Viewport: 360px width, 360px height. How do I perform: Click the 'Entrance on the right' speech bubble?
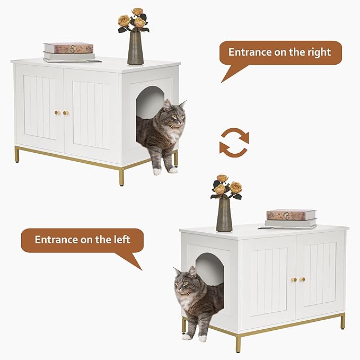coord(280,53)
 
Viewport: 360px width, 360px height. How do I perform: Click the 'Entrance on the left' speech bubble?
coord(82,240)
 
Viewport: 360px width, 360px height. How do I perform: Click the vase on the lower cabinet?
coord(224,214)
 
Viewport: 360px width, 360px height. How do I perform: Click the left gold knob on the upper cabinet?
coord(57,112)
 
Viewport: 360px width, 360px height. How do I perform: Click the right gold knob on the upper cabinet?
coord(66,112)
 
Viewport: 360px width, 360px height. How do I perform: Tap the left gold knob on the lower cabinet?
coord(293,279)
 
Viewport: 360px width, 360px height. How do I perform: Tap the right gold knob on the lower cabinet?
coord(302,279)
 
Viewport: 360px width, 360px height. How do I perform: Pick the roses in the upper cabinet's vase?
coord(133,20)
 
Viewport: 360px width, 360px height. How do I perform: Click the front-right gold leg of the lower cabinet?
coord(343,321)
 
